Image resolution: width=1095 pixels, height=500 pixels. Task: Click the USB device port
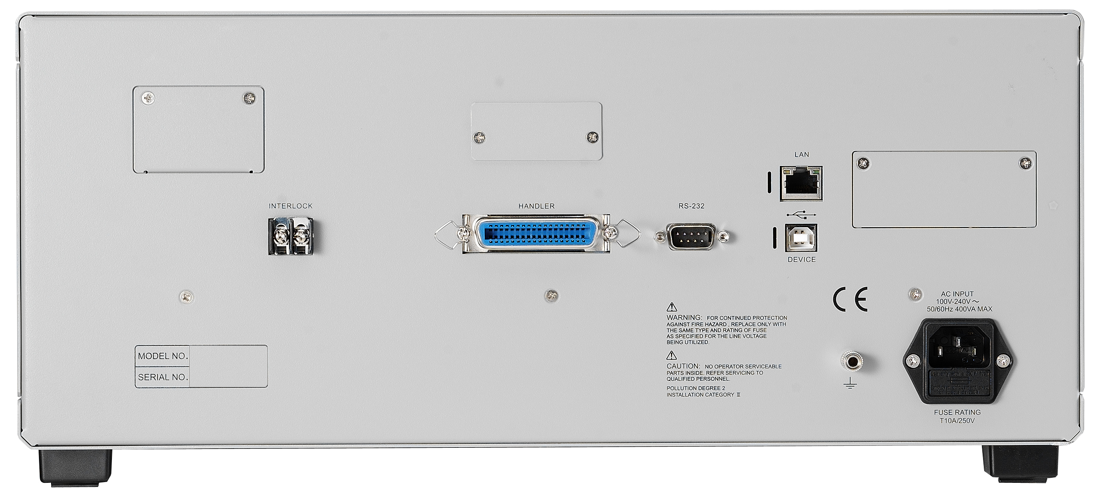click(x=801, y=238)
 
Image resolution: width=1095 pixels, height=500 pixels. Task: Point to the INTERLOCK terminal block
click(x=291, y=236)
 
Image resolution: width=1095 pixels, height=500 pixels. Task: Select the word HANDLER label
click(x=537, y=206)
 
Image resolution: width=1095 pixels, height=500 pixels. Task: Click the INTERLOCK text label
click(x=291, y=206)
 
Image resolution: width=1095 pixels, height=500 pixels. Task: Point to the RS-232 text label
click(x=691, y=206)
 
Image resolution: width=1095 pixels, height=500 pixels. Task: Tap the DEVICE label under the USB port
click(x=802, y=260)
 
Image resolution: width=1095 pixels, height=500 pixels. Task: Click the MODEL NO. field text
click(x=163, y=356)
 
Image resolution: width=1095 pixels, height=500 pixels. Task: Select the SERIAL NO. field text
click(x=163, y=377)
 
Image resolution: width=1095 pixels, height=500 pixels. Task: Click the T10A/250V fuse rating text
click(x=957, y=420)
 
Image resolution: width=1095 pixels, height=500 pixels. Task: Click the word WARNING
click(x=684, y=317)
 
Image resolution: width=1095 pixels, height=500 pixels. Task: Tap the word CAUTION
click(x=683, y=366)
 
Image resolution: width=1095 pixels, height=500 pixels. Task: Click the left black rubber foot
click(x=76, y=467)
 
